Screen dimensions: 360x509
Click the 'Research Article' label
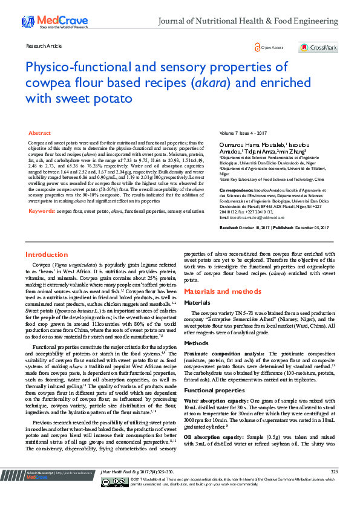pyautogui.click(x=44, y=45)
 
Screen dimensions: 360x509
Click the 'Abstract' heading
pyautogui.click(x=39, y=133)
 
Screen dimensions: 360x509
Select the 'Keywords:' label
pyautogui.click(x=42, y=212)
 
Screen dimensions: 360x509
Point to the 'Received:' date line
pyautogui.click(x=274, y=227)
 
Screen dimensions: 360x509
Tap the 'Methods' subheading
pyautogui.click(x=195, y=342)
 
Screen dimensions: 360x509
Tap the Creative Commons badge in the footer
pyautogui.click(x=124, y=498)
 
